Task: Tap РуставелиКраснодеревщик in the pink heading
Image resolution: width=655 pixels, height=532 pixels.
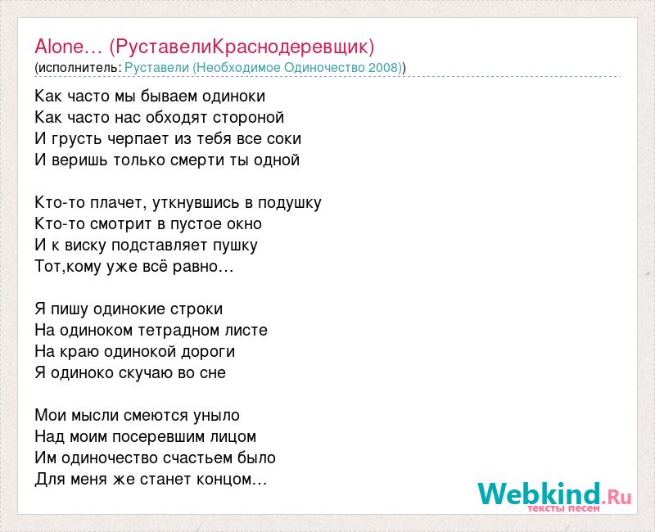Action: coord(242,47)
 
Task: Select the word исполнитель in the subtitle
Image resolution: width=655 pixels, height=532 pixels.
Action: coord(79,68)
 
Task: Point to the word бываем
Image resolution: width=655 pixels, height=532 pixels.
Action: coord(169,96)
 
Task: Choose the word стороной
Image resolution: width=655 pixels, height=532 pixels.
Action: coord(249,118)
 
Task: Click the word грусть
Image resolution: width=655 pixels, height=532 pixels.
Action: coord(77,139)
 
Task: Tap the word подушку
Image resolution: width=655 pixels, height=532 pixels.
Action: coord(290,203)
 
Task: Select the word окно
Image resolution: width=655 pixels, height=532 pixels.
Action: coord(244,223)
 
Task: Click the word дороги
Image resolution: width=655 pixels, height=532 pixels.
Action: coord(208,352)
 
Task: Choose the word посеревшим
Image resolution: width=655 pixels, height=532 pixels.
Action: coord(159,437)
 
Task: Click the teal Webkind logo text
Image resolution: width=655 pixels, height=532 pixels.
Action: coord(539,494)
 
